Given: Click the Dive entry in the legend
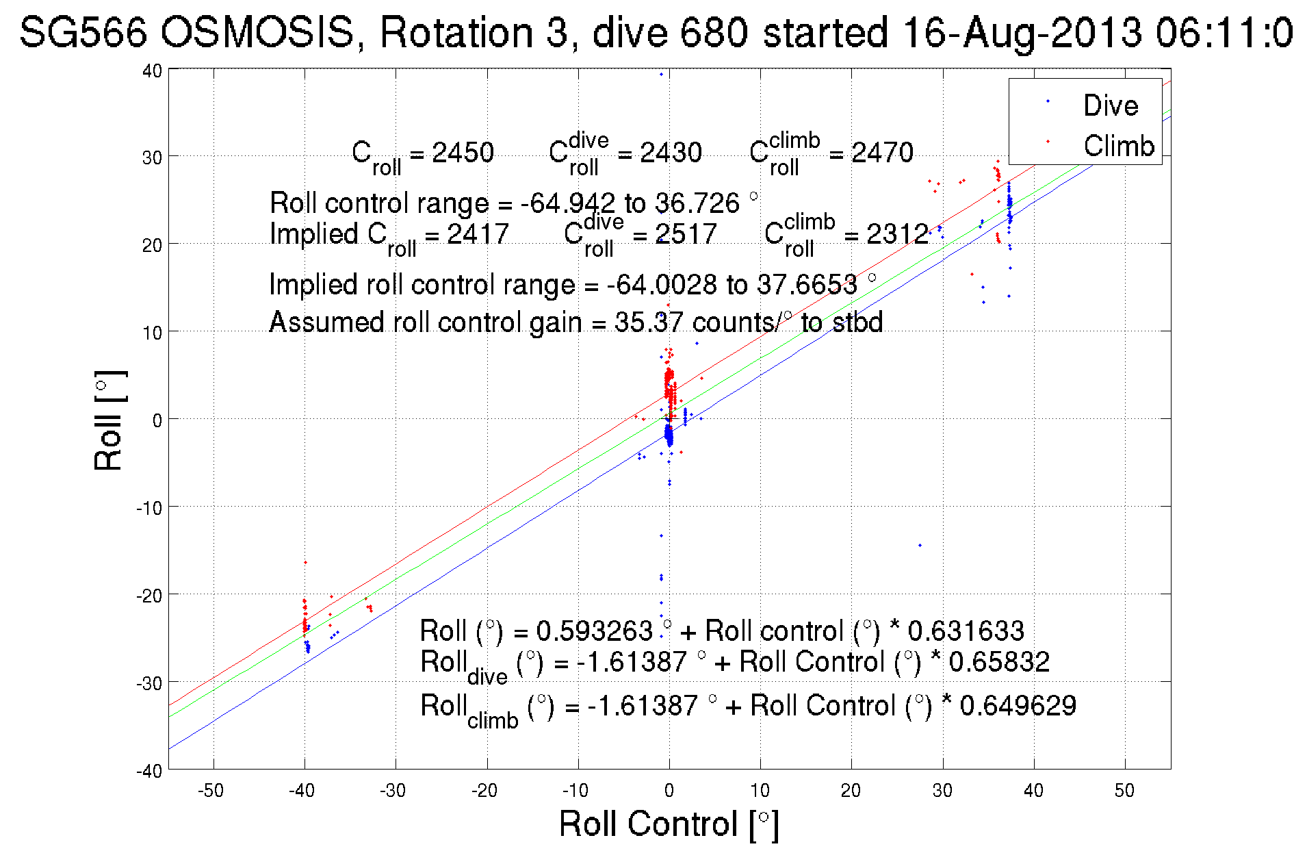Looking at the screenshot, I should [x=1110, y=105].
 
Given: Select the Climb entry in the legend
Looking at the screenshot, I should [x=1118, y=146].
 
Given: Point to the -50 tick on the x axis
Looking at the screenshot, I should [x=211, y=791].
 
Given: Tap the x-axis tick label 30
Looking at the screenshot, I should [x=942, y=791].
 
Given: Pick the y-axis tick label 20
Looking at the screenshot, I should [x=152, y=245].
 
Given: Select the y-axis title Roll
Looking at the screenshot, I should [x=109, y=420].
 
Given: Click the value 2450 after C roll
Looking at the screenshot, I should [x=463, y=153].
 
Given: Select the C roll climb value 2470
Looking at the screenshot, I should [x=882, y=153].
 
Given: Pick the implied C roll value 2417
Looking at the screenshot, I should [x=478, y=234].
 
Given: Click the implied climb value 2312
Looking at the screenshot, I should [x=897, y=234].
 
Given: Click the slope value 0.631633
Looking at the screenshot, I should [x=966, y=631].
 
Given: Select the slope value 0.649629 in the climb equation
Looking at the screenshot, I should [x=1018, y=705].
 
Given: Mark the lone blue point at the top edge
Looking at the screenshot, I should [x=661, y=74].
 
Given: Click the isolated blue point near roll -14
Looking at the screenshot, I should [x=920, y=545].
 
